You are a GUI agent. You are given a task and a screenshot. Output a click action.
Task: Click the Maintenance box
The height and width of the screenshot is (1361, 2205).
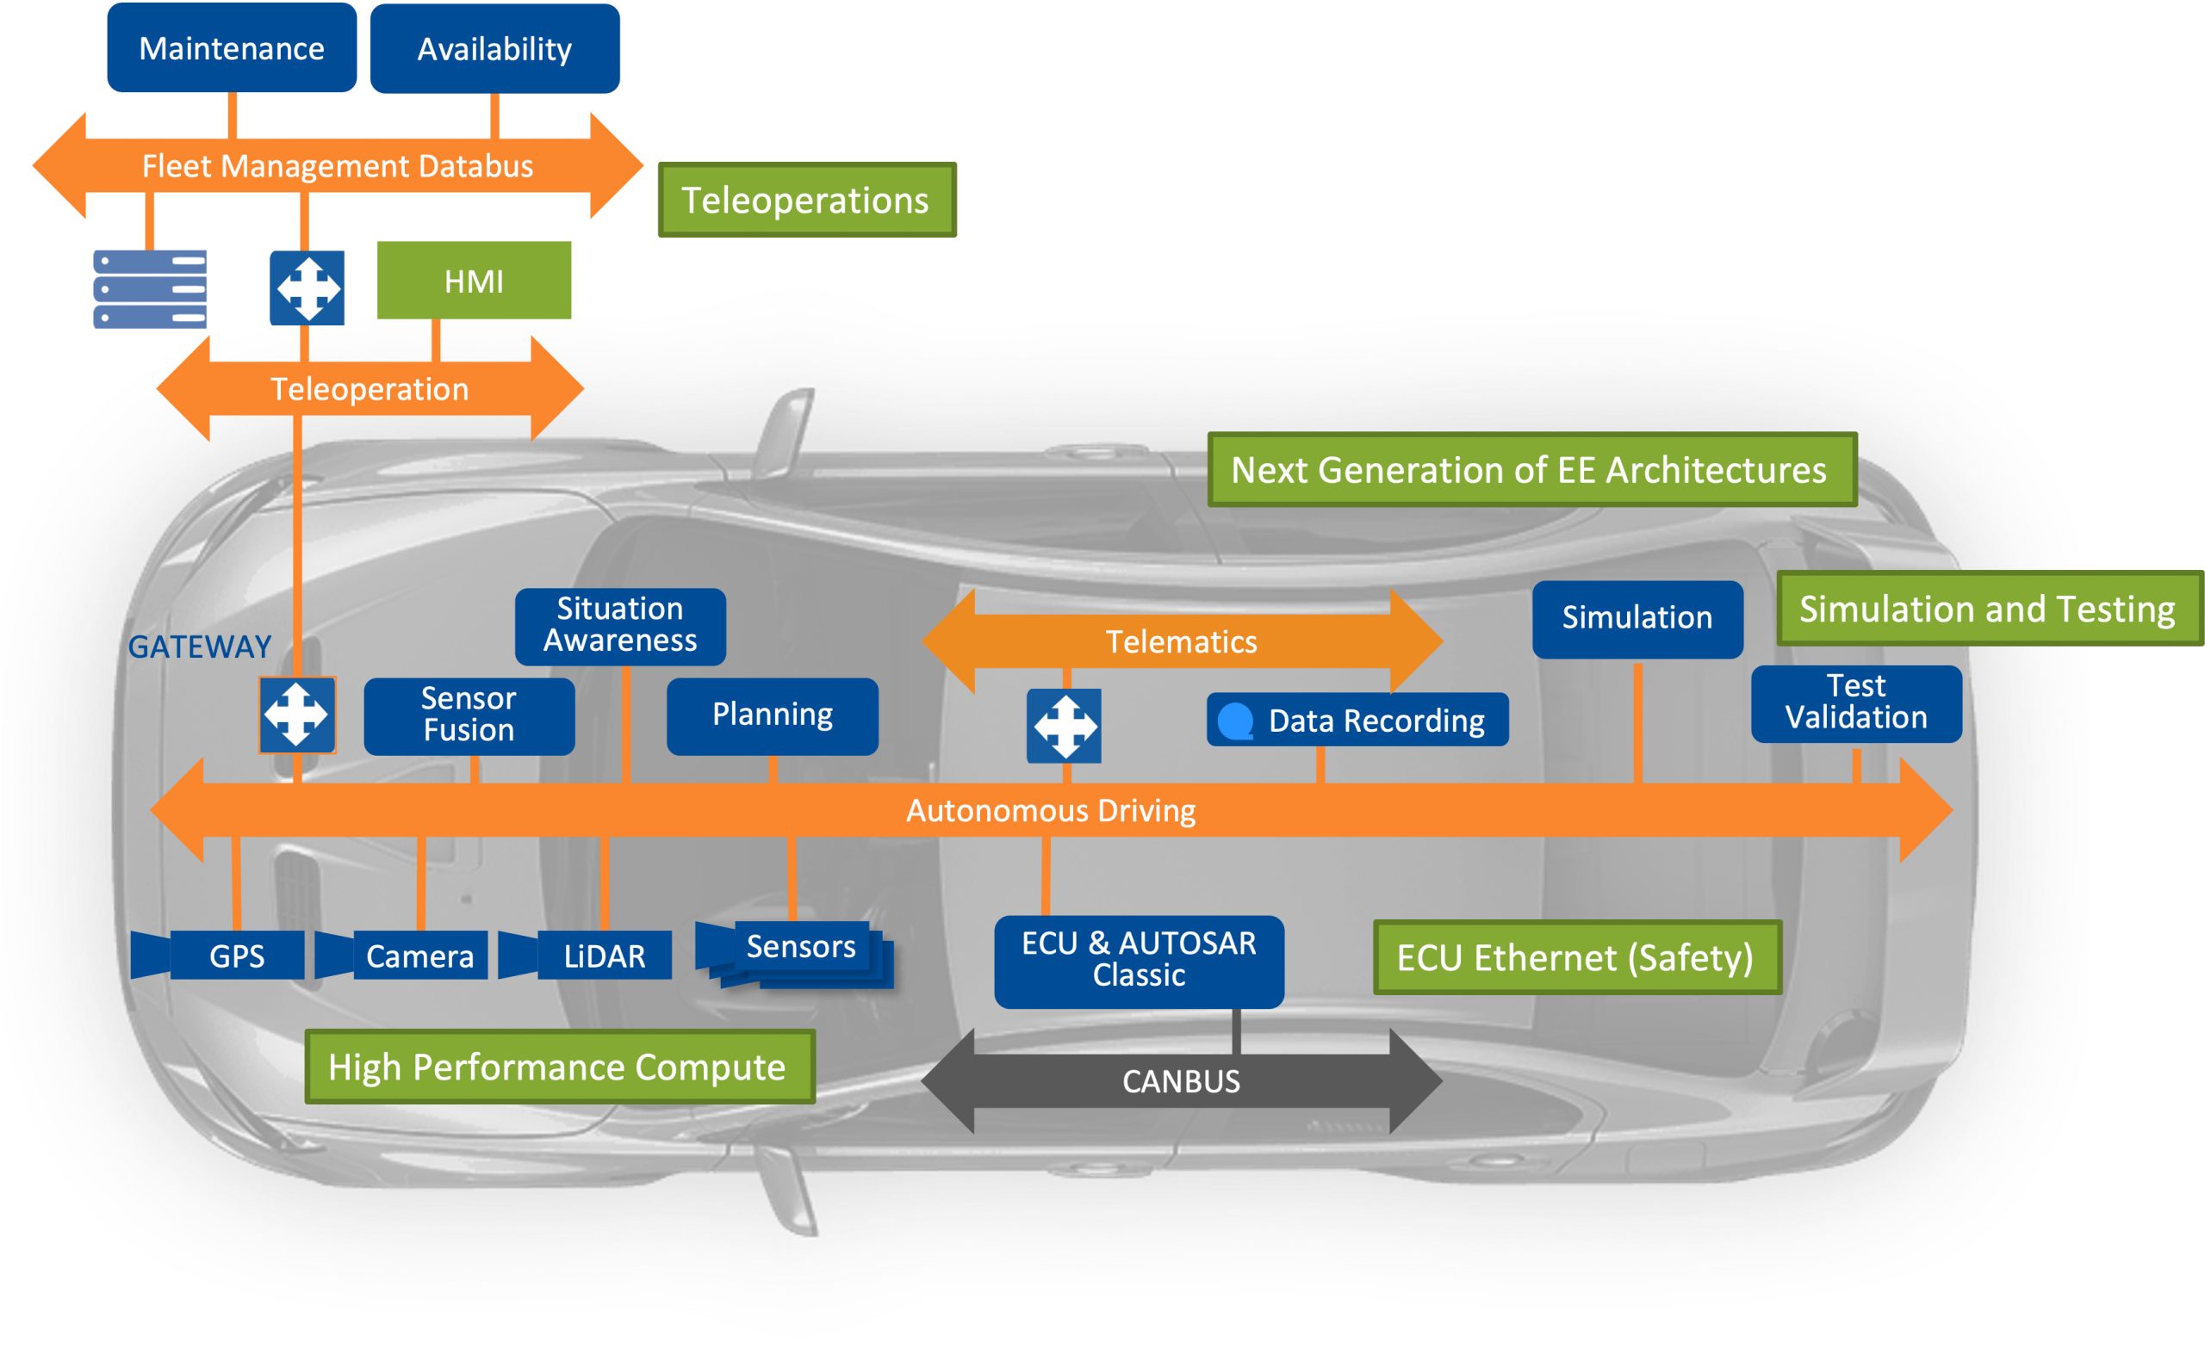[232, 47]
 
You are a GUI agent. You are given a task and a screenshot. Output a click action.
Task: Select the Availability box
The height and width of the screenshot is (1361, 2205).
[494, 48]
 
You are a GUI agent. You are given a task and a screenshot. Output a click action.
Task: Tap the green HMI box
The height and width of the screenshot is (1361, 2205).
[474, 281]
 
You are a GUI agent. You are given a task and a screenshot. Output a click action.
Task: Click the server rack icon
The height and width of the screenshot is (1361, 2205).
[150, 288]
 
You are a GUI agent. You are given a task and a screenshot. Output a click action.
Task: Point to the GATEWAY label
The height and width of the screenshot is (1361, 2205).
[199, 646]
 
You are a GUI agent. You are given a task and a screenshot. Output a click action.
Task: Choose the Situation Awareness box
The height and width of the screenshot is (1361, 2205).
[619, 626]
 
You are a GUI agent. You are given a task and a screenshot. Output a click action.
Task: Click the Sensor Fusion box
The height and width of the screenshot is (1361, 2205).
[469, 715]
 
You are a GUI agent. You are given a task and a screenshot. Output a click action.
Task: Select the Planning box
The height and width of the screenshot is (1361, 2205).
[772, 715]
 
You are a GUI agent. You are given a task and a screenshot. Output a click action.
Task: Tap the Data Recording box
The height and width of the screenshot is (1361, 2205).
[1357, 721]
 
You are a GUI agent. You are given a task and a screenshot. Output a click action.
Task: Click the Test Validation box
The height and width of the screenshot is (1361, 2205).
[1855, 703]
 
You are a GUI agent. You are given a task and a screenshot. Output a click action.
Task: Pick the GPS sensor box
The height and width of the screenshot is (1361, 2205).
[236, 955]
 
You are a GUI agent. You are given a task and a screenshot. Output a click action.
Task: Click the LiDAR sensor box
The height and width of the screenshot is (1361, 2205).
[603, 955]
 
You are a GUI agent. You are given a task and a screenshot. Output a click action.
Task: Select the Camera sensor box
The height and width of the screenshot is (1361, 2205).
[419, 955]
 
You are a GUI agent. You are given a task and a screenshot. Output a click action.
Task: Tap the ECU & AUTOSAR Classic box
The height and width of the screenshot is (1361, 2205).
[1138, 961]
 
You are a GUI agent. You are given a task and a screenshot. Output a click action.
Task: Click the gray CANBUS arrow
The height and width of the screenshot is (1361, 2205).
[1180, 1081]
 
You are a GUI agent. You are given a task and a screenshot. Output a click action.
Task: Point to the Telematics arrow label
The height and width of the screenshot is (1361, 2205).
[1180, 642]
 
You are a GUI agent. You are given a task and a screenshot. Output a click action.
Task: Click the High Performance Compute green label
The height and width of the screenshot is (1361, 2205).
[558, 1067]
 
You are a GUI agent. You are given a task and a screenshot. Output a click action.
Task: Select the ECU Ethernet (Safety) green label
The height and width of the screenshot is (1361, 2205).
[1575, 957]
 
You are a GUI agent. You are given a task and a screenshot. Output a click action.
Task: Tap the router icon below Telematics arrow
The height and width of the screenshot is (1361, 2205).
[1064, 726]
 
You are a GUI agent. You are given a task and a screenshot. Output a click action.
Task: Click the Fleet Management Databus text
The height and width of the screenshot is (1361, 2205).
[338, 165]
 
